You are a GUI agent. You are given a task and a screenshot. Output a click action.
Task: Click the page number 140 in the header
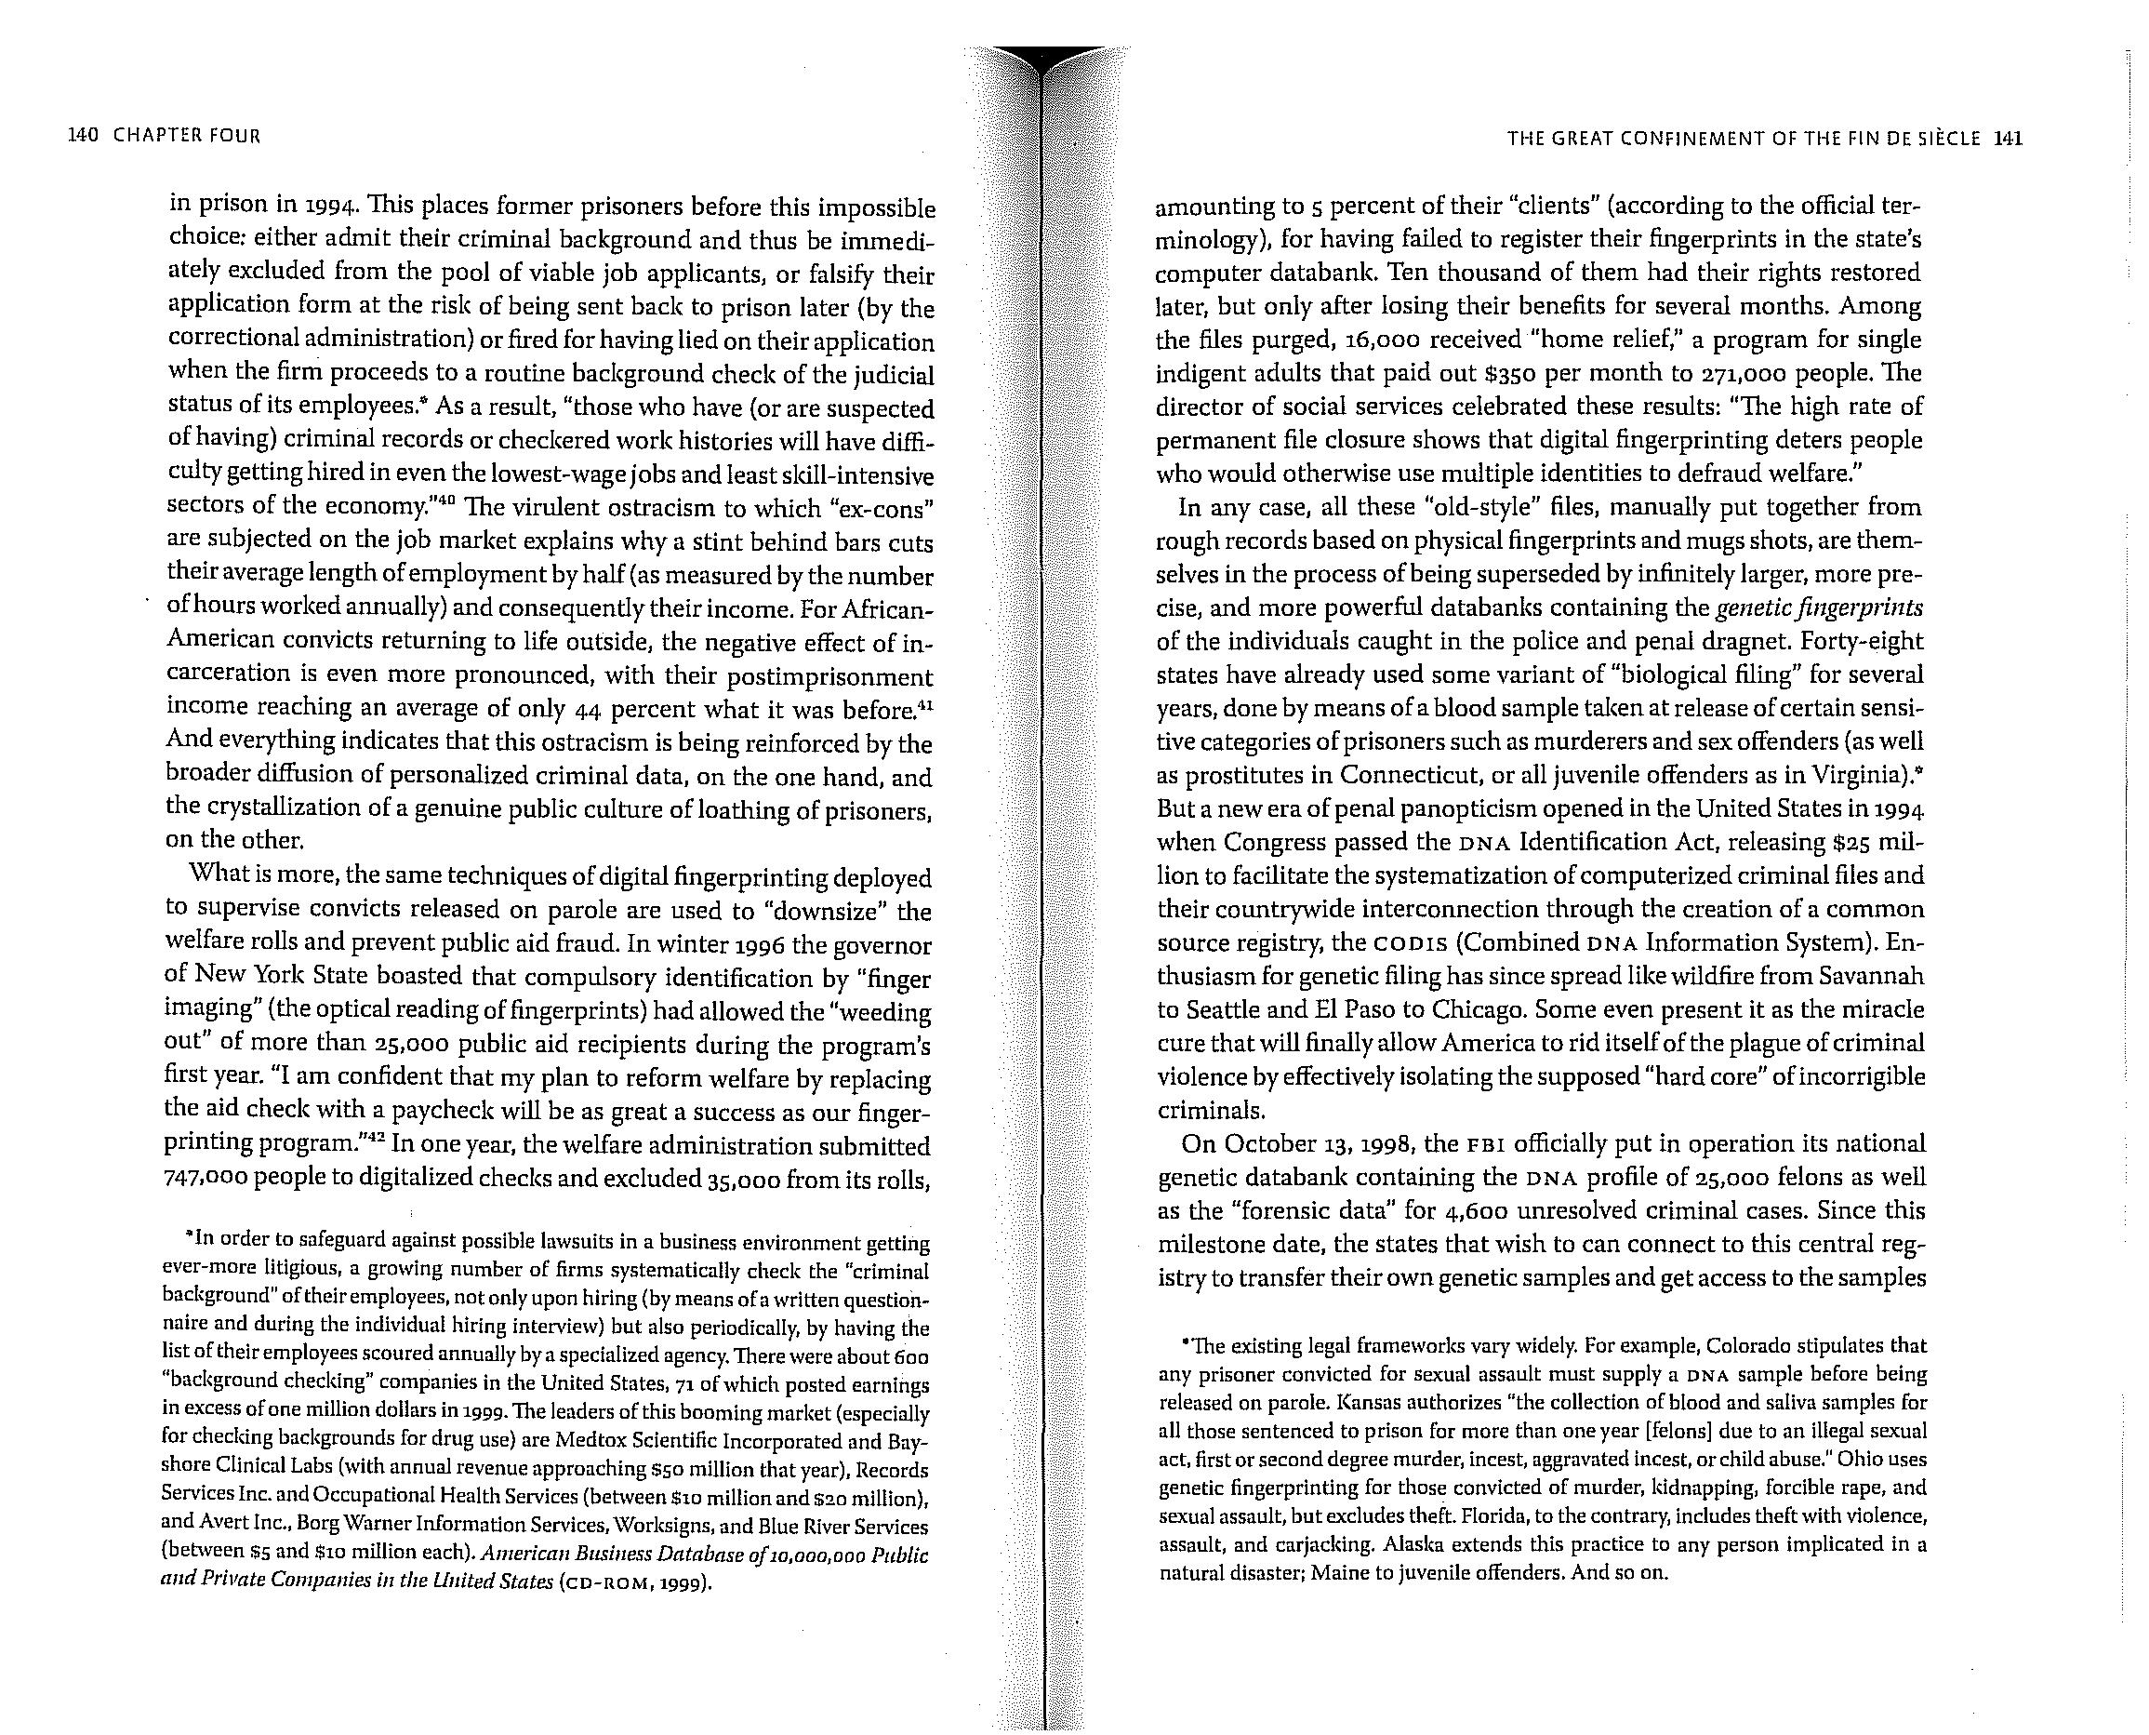click(x=81, y=135)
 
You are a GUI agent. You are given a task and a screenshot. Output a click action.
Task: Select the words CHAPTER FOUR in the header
click(x=187, y=135)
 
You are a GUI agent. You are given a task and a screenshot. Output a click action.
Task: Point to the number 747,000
click(x=205, y=1179)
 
